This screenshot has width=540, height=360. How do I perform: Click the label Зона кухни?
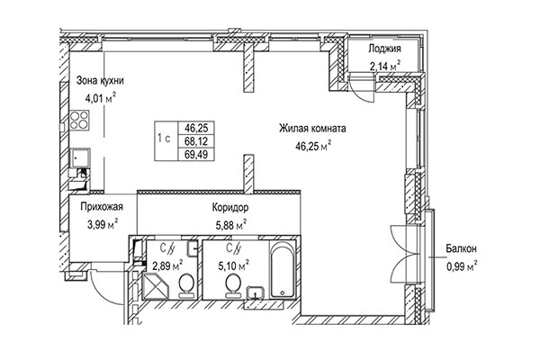click(100, 81)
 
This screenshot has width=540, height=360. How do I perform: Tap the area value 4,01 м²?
click(101, 98)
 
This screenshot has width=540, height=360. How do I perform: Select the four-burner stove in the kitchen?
click(79, 120)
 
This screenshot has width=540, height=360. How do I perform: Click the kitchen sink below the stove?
click(80, 158)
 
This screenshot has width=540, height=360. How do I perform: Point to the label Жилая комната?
click(312, 129)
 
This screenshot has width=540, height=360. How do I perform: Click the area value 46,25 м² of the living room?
click(313, 146)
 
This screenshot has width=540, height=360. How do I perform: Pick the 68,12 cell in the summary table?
click(196, 141)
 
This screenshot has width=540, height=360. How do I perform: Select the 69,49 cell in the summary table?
click(196, 154)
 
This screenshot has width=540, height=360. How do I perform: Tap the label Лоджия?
click(384, 49)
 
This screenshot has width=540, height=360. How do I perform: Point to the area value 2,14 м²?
click(384, 66)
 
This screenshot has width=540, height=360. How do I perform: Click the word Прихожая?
click(102, 207)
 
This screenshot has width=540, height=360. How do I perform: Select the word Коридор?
click(230, 208)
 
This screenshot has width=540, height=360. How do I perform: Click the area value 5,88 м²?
click(230, 225)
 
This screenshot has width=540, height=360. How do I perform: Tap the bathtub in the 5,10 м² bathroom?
click(283, 269)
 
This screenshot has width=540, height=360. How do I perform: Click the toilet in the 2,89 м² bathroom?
click(186, 286)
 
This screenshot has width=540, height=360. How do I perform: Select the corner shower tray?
click(155, 285)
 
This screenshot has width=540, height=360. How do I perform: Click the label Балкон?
click(461, 248)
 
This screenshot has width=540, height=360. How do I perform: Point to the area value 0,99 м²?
click(462, 266)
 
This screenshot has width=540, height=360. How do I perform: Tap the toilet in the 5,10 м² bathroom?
click(233, 286)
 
